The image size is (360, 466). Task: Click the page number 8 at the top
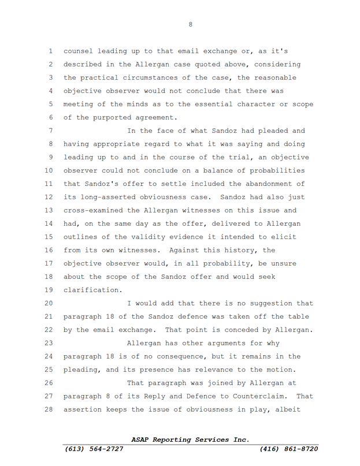[191, 24]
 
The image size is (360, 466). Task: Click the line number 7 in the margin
[50, 131]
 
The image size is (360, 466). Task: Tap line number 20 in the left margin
[48, 303]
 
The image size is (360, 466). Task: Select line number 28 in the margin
[48, 409]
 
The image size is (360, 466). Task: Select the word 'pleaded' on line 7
[287, 131]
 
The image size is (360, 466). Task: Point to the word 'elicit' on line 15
[287, 237]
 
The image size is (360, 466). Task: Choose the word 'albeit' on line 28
[299, 409]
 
